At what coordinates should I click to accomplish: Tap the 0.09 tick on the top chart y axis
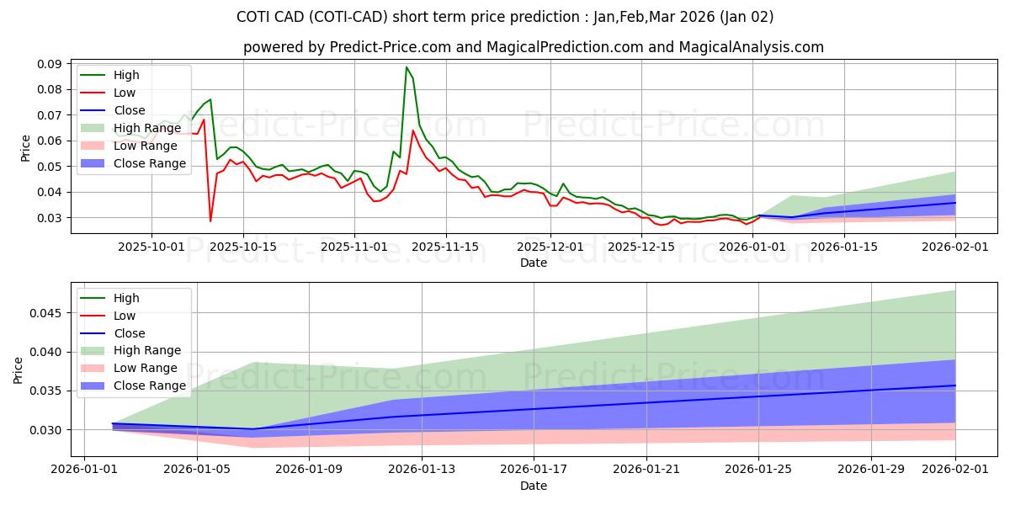tap(49, 64)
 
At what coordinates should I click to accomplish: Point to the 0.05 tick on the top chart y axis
tap(49, 167)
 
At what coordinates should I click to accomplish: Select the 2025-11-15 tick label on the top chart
tap(446, 247)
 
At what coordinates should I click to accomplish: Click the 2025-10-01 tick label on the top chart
tap(151, 247)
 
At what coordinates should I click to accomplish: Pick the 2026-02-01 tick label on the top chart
tap(955, 247)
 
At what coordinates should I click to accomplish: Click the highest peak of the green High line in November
tap(407, 67)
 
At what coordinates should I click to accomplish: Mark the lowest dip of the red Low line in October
tap(210, 221)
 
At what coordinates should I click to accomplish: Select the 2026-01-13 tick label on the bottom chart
tap(422, 470)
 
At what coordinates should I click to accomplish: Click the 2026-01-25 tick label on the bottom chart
tap(759, 470)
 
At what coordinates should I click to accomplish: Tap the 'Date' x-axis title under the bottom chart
tap(534, 486)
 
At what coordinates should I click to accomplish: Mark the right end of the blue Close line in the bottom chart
tap(955, 385)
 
